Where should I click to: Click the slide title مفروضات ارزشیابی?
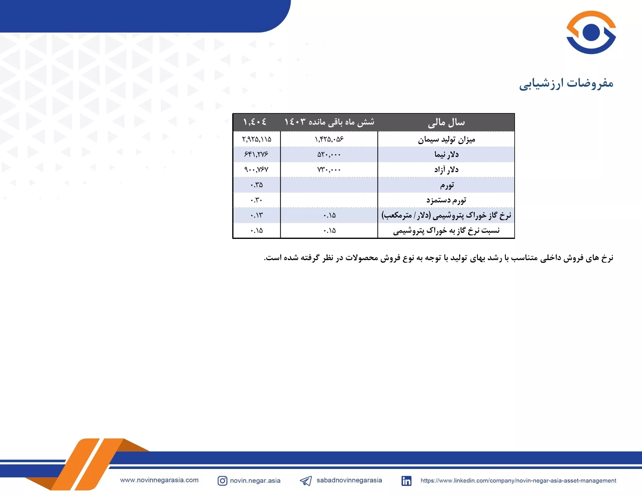[x=566, y=83]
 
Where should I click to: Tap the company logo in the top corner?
[x=591, y=32]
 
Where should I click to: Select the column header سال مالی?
[x=446, y=122]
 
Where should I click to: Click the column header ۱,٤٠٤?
[x=255, y=122]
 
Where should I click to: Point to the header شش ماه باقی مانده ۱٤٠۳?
[x=329, y=122]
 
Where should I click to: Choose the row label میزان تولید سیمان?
[x=446, y=139]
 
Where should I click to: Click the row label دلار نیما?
[x=446, y=154]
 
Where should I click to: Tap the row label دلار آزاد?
[x=446, y=169]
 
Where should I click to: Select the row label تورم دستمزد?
[x=446, y=200]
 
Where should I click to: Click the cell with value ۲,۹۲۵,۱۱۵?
[x=257, y=139]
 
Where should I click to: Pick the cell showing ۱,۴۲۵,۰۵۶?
[x=329, y=139]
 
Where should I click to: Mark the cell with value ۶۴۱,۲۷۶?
[x=256, y=154]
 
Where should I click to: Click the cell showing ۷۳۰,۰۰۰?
[x=329, y=170]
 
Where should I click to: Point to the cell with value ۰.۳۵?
[x=257, y=185]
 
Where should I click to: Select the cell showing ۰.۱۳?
[x=257, y=215]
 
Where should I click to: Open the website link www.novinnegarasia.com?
[x=159, y=480]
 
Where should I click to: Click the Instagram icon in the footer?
[x=222, y=480]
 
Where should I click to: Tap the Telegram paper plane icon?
[x=306, y=480]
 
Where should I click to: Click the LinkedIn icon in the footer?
[x=406, y=481]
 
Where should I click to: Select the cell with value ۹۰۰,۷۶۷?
[x=256, y=170]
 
